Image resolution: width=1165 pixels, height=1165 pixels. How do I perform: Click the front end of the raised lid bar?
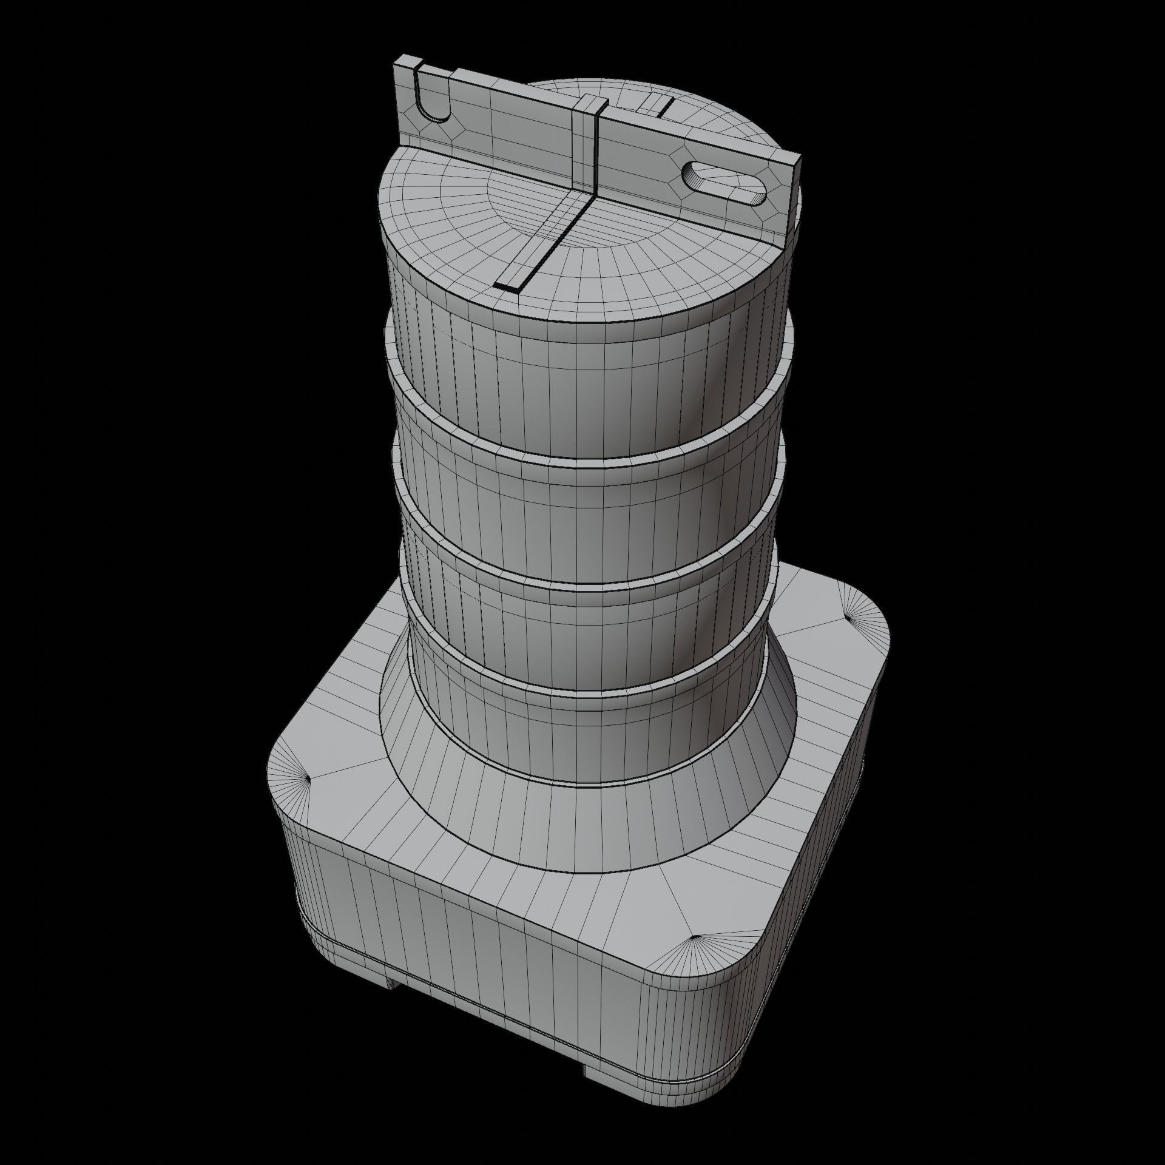(x=508, y=286)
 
